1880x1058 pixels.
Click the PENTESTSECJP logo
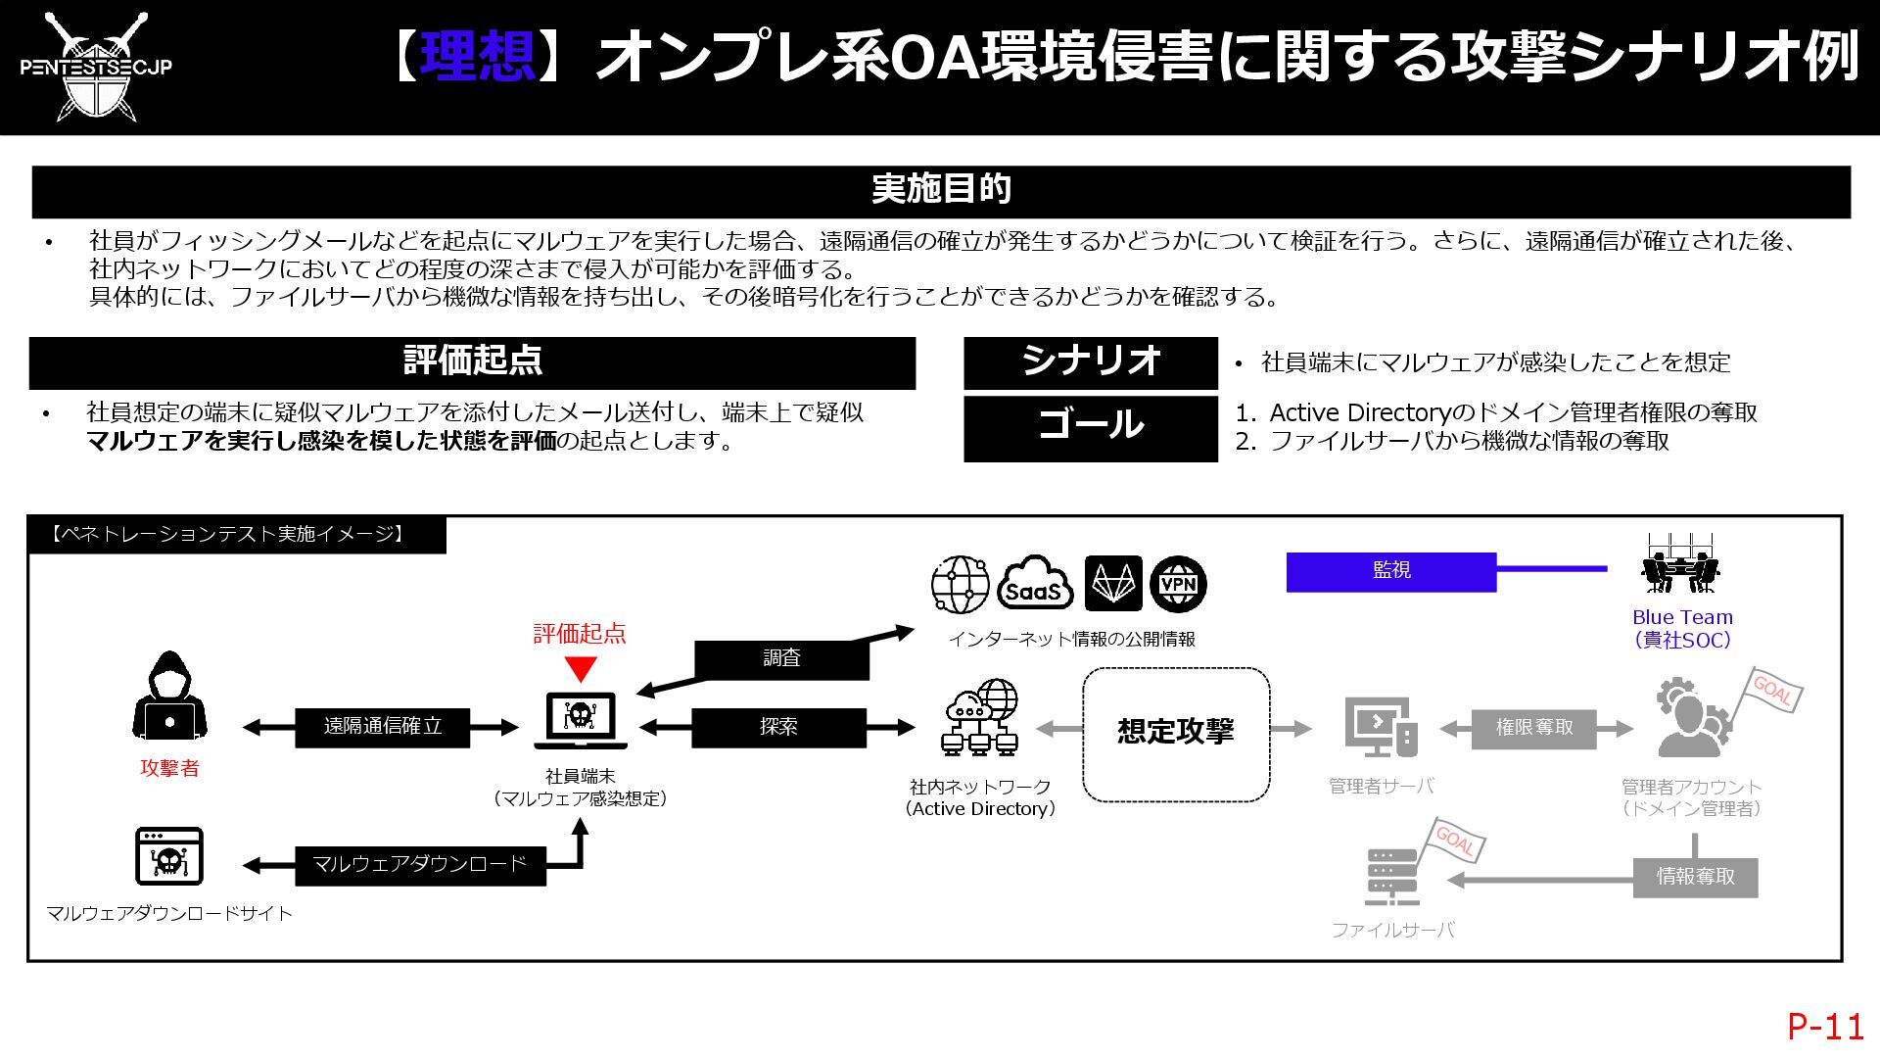(96, 67)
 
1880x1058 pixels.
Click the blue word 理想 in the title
(477, 55)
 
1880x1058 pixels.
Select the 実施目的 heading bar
(940, 190)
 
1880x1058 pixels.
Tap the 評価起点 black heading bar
(472, 362)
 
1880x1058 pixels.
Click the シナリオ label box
(1090, 362)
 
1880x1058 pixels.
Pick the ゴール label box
(1090, 427)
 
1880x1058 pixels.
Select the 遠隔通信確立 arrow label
(382, 727)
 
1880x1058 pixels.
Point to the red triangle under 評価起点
(581, 669)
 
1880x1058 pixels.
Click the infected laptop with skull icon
(581, 719)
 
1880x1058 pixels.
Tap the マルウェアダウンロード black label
(419, 865)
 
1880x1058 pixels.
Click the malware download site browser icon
(168, 857)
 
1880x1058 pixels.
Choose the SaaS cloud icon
(1035, 585)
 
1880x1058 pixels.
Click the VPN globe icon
(1178, 585)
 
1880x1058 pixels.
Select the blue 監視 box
(1390, 571)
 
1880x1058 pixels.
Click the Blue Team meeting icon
(1680, 565)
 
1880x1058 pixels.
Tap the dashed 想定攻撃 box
(1176, 734)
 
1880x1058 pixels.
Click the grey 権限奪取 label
(1533, 728)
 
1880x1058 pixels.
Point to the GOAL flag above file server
(1455, 842)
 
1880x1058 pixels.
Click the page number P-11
(1825, 1026)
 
